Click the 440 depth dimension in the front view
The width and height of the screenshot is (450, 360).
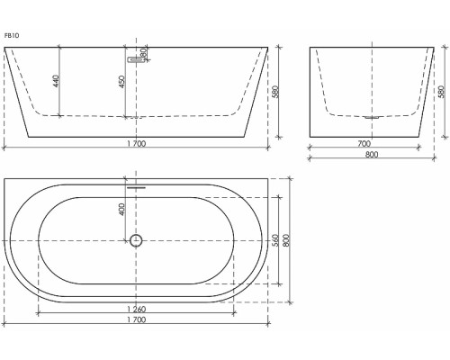coord(56,81)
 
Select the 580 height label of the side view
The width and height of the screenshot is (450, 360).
coord(440,92)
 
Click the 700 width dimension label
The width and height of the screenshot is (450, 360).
coord(363,144)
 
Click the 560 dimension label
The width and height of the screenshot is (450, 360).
coord(274,240)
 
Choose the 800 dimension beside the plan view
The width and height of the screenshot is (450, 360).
coord(287,240)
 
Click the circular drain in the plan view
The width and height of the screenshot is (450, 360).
coord(136,240)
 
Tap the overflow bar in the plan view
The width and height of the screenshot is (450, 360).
coord(136,188)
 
